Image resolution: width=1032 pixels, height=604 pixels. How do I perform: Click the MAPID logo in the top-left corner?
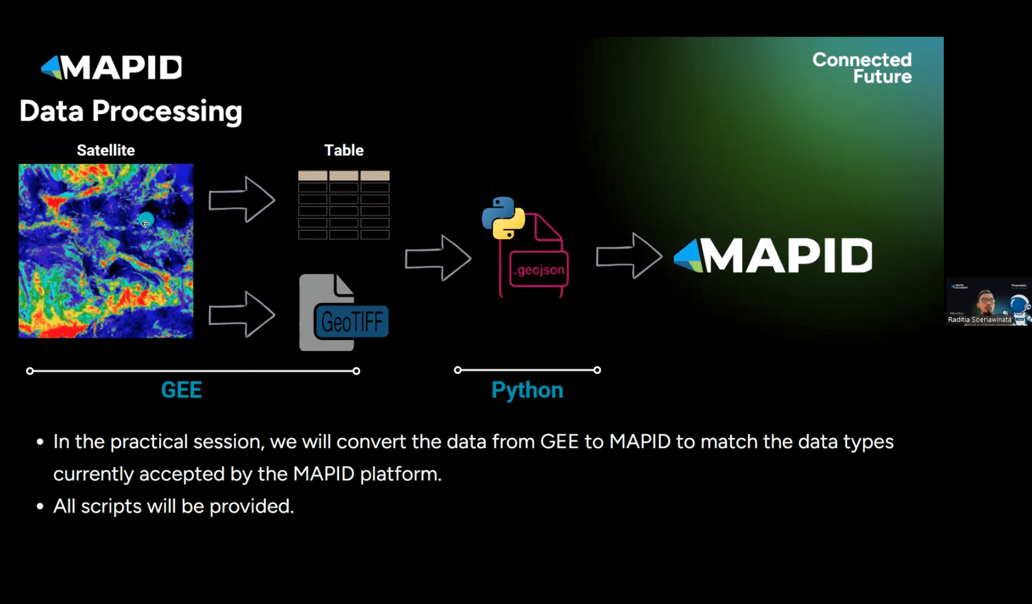click(x=112, y=67)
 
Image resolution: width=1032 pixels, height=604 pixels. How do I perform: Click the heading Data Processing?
click(x=131, y=111)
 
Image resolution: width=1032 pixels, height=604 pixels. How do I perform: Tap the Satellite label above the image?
click(x=106, y=150)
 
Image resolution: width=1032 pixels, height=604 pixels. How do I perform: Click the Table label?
click(x=344, y=150)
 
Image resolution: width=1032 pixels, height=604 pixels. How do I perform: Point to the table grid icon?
click(x=344, y=205)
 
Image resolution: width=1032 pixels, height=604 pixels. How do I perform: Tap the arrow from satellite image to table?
click(x=242, y=199)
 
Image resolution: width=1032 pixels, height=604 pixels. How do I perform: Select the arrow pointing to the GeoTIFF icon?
click(x=242, y=315)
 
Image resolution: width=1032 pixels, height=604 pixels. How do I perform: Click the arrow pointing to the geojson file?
click(x=438, y=258)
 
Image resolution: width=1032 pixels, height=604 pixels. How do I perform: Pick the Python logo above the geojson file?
click(x=503, y=217)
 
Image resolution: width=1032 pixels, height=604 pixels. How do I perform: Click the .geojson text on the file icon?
click(x=539, y=270)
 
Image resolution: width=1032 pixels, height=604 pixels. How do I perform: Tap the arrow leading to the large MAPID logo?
click(x=629, y=256)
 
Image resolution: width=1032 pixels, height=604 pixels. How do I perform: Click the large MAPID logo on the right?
click(x=773, y=256)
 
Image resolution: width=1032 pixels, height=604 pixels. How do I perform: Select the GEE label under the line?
click(x=181, y=390)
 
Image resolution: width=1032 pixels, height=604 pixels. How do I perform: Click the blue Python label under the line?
click(x=527, y=391)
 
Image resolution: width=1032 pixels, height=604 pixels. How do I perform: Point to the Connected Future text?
click(x=862, y=68)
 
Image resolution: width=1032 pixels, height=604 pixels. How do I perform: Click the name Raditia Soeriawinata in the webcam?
click(x=980, y=320)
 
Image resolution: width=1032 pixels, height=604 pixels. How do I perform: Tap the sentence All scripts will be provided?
click(x=173, y=506)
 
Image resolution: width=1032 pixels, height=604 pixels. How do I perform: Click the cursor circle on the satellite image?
click(x=146, y=220)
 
